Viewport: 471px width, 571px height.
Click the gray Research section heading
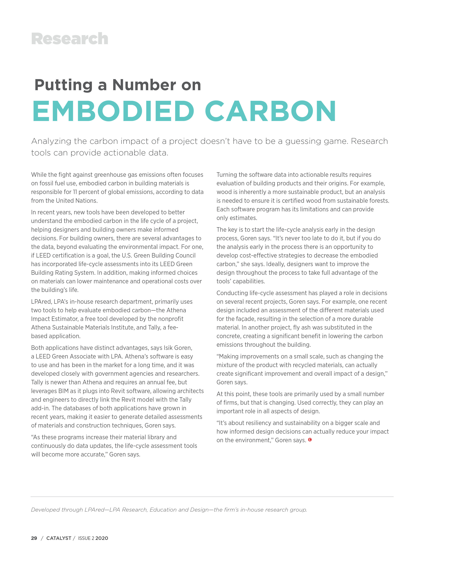coord(70,39)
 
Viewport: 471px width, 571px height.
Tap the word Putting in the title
coord(63,85)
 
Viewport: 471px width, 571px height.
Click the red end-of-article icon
coord(310,440)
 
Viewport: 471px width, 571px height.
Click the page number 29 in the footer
coord(34,538)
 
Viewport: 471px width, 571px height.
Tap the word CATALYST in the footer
coord(59,538)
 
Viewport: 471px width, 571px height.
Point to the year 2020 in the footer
coord(102,538)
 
